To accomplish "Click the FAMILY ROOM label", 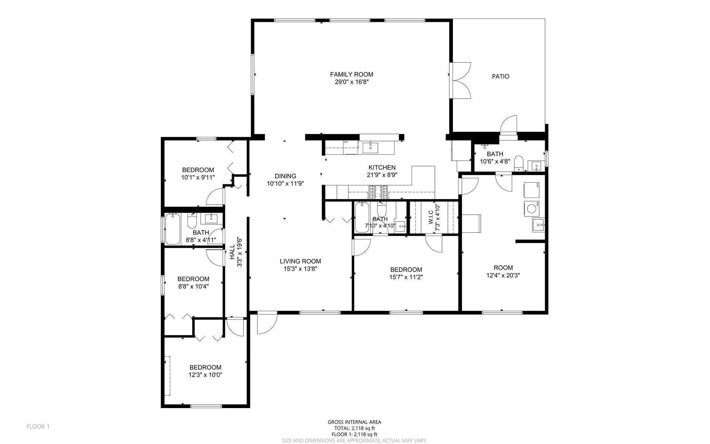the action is point(352,74).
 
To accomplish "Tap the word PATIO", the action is point(500,77).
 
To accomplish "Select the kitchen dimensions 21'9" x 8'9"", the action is point(382,175).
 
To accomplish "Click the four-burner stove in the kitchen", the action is point(378,192).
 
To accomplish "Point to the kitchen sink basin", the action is point(370,147).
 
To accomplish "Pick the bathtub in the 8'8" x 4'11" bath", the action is point(172,229).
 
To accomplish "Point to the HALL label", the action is point(232,252).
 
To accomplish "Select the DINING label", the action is point(285,176).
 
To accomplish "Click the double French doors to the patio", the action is point(460,80).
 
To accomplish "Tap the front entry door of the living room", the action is point(267,323).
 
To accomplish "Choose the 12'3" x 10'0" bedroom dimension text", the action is point(205,375).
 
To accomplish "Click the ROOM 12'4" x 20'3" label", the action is point(503,272).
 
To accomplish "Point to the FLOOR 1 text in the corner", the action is point(38,427).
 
